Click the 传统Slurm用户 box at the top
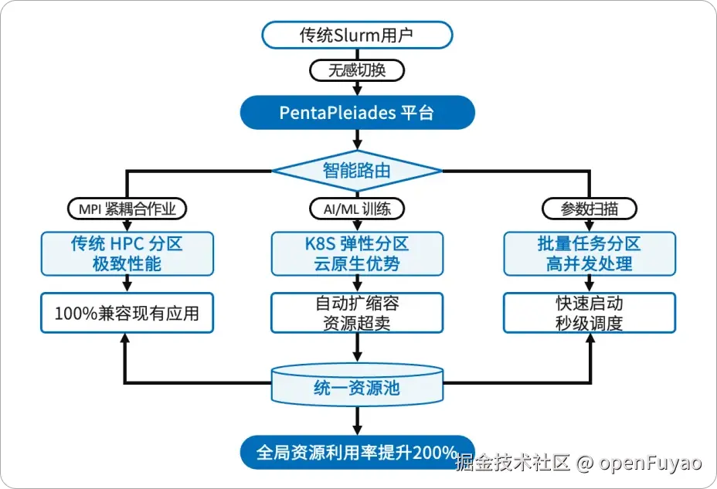click(356, 35)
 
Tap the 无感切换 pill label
click(356, 70)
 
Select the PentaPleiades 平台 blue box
click(356, 113)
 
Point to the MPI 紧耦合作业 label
click(126, 209)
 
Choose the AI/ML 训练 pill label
click(356, 209)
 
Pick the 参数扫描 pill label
click(589, 209)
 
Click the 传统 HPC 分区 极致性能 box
click(126, 253)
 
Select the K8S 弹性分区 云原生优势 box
click(356, 253)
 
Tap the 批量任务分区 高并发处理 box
click(589, 253)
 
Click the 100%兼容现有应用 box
click(126, 314)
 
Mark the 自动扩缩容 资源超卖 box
click(356, 313)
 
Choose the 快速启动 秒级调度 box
click(589, 313)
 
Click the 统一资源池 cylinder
click(356, 385)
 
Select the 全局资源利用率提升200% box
click(356, 453)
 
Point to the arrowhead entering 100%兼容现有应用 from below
click(126, 340)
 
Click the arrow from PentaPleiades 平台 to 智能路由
click(356, 139)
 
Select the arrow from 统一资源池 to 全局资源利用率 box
click(356, 421)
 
